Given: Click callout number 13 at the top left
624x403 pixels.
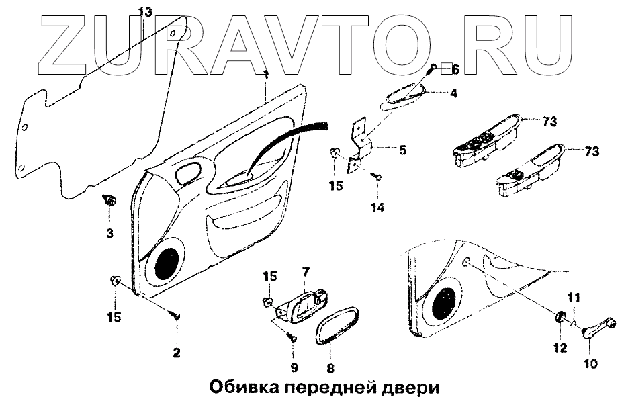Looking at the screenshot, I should coord(145,12).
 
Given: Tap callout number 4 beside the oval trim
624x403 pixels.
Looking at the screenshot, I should coord(453,93).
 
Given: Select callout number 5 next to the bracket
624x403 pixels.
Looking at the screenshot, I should coord(402,150).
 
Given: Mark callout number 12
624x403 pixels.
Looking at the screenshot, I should coord(560,347).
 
